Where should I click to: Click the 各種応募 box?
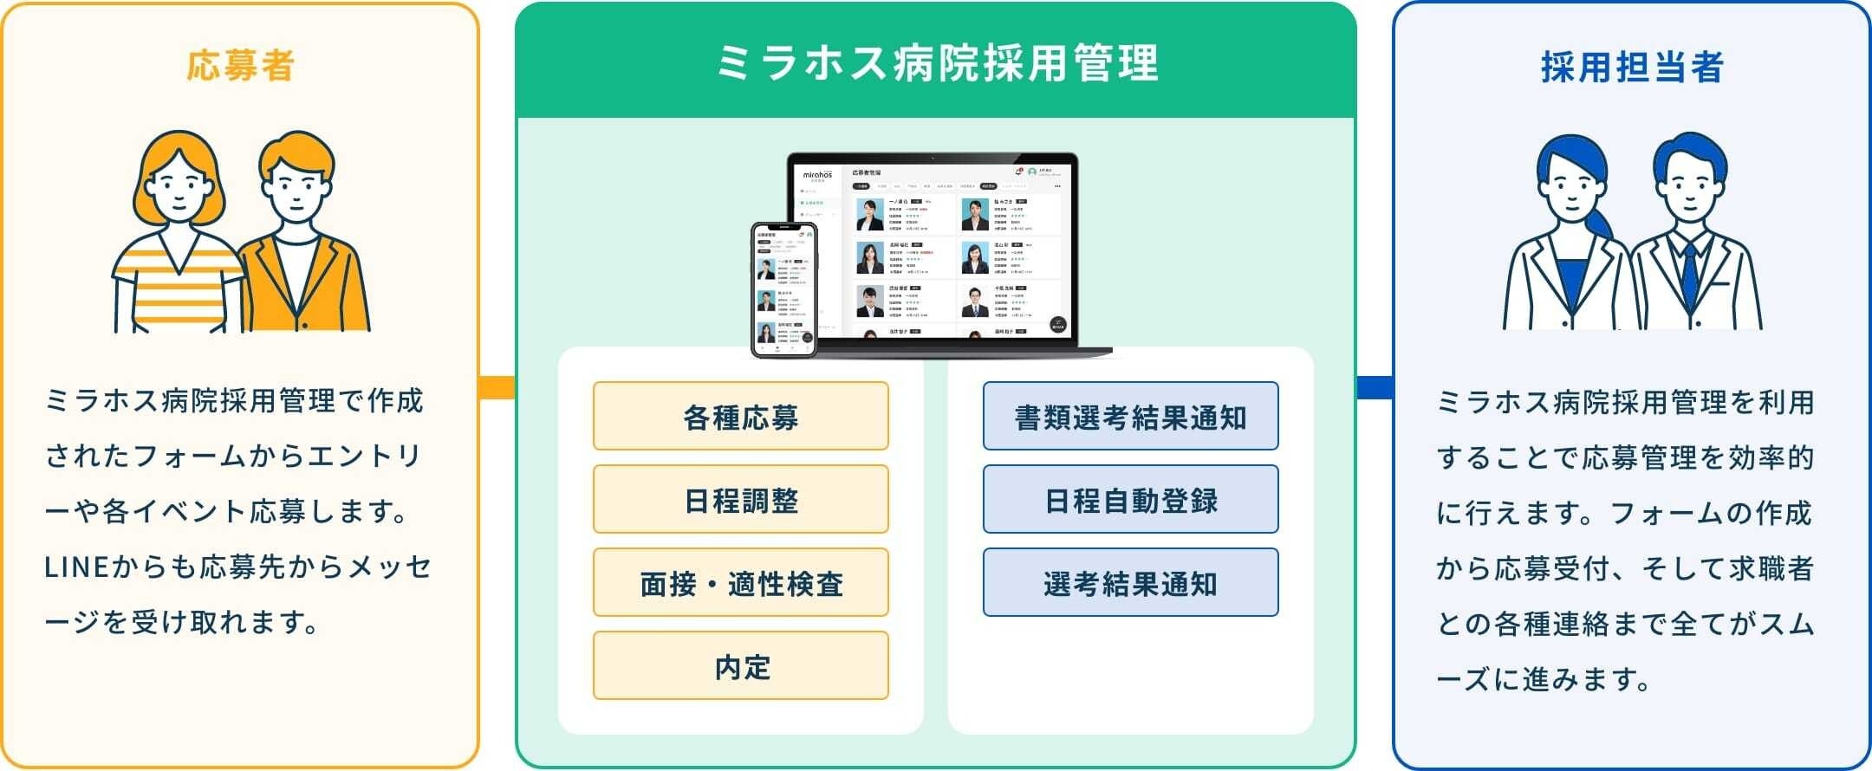point(740,417)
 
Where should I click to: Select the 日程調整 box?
point(740,500)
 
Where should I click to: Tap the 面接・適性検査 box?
point(740,583)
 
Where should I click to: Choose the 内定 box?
point(740,666)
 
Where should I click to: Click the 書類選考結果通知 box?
point(1130,417)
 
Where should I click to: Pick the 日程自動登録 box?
point(1130,500)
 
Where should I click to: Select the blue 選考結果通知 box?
point(1130,583)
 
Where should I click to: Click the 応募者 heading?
point(241,66)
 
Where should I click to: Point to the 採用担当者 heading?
point(1632,67)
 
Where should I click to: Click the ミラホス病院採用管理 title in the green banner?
point(936,63)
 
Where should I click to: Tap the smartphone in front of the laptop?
point(783,289)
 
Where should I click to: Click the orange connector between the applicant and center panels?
point(497,387)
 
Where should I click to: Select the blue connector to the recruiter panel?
point(1375,387)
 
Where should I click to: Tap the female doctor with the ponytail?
point(1569,243)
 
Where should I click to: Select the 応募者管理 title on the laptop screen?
point(867,172)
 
